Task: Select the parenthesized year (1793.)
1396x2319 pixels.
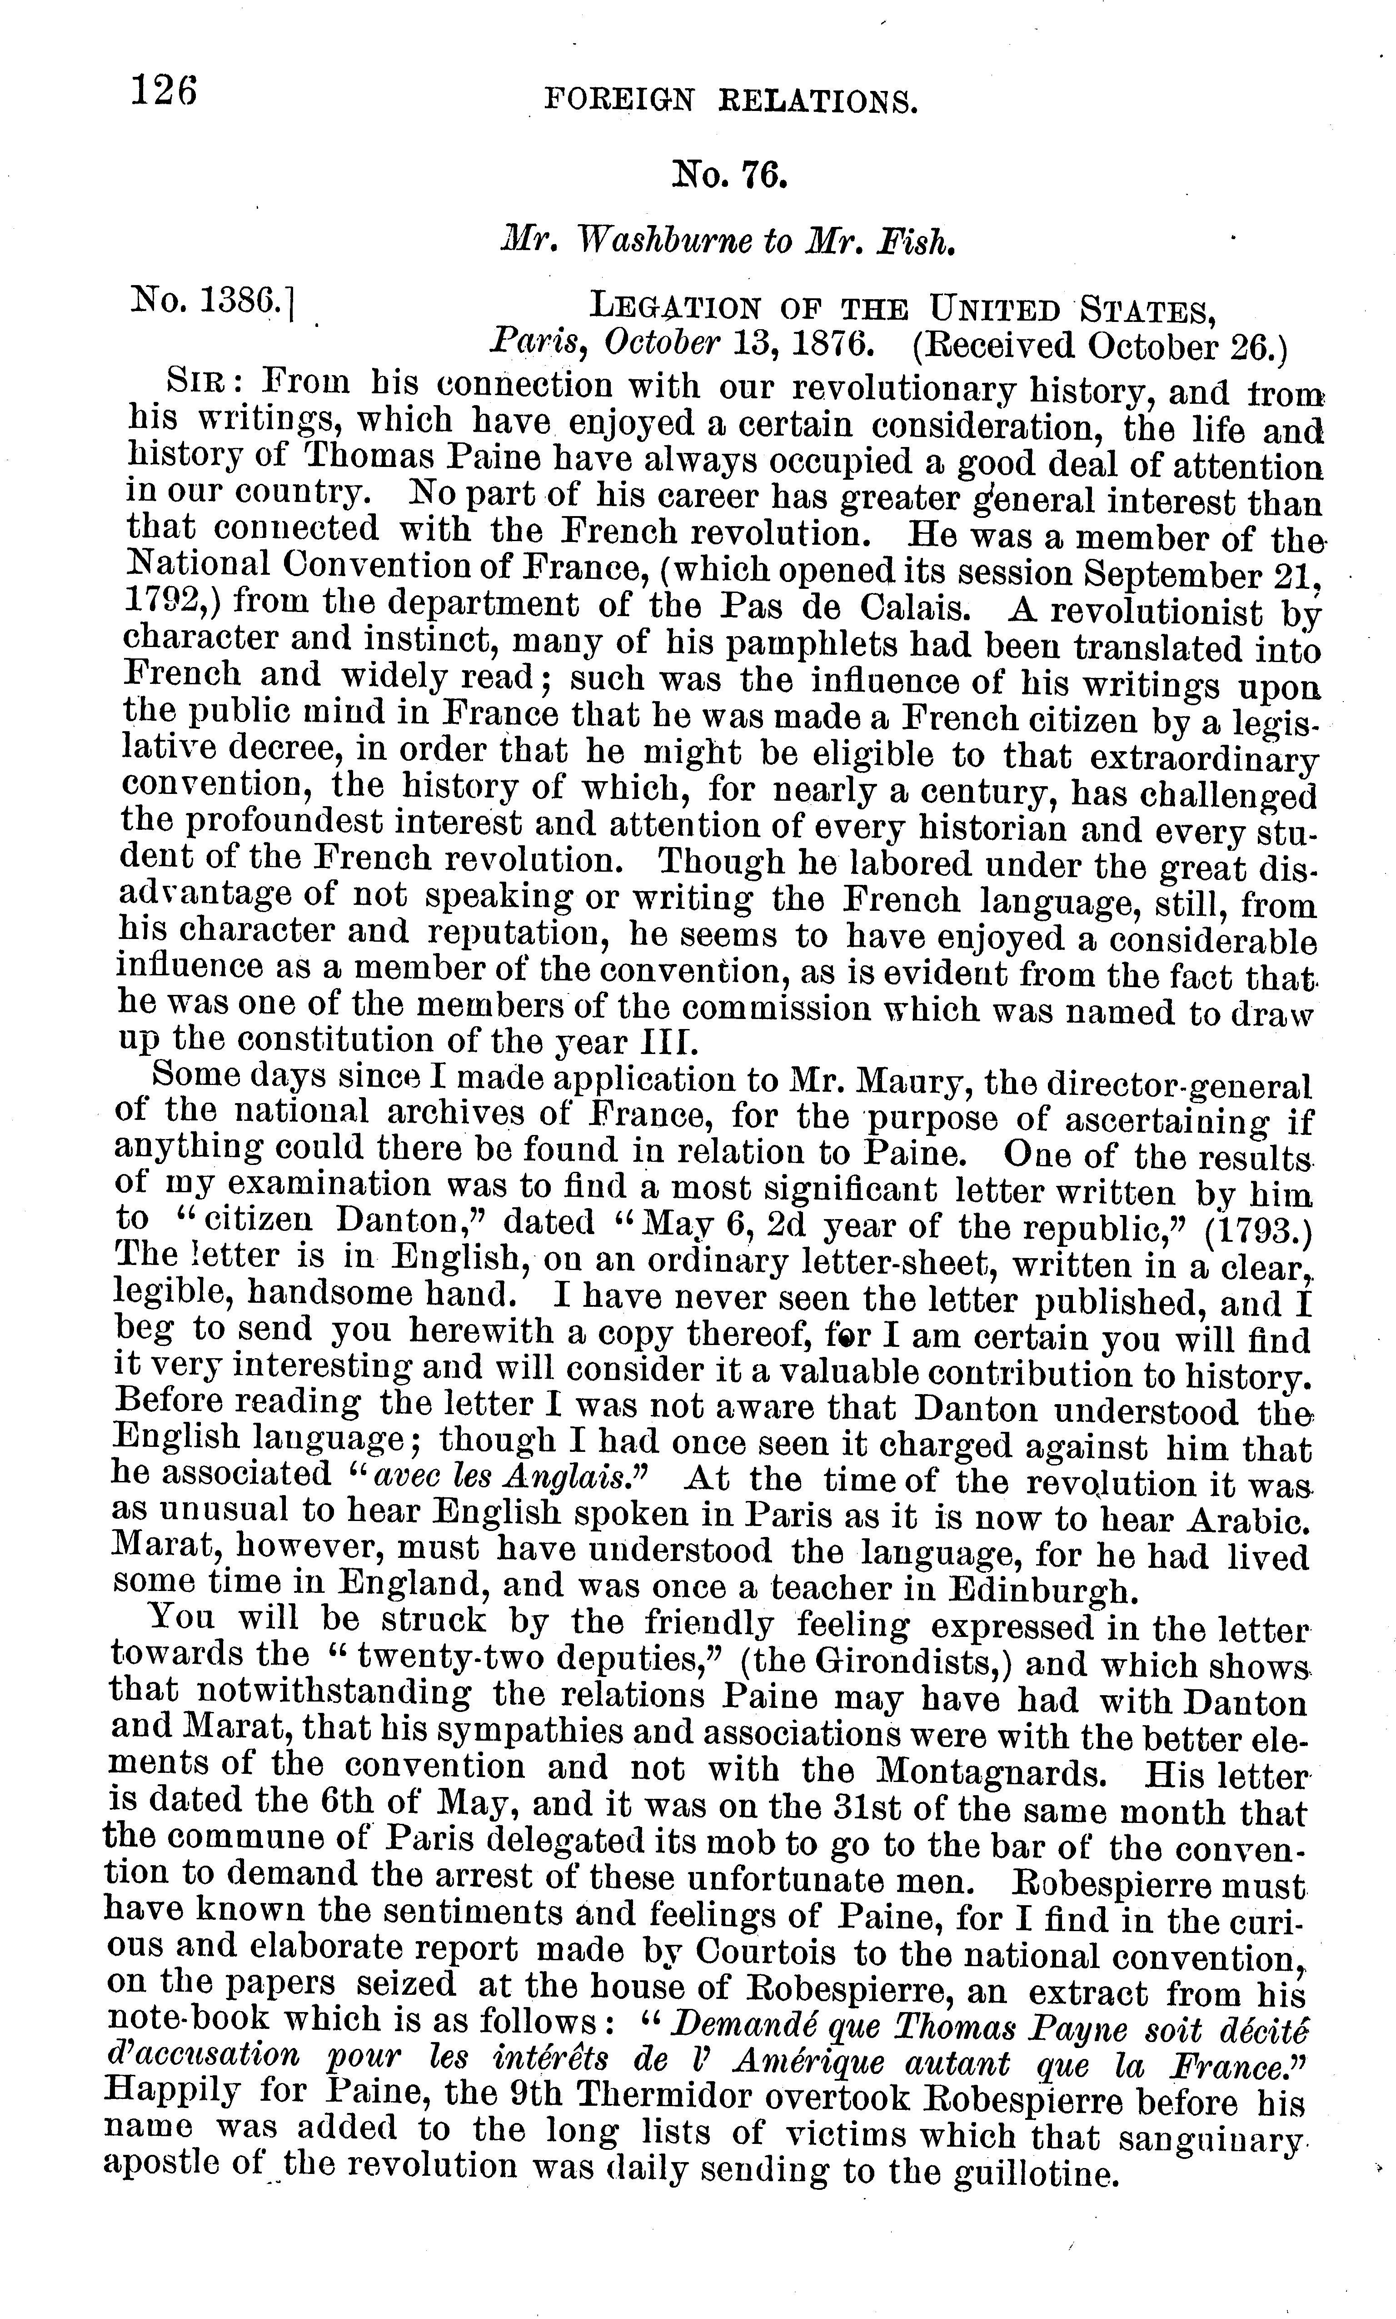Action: pyautogui.click(x=1255, y=1230)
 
